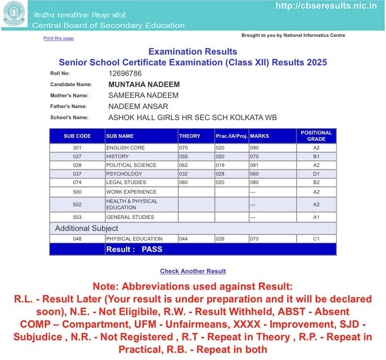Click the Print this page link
(x=58, y=39)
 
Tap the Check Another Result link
(x=192, y=271)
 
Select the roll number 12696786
(x=125, y=74)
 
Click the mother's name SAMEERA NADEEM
(x=143, y=95)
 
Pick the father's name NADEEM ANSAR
(x=138, y=106)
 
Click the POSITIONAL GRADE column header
(x=316, y=136)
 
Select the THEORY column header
(x=190, y=136)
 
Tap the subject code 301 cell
(x=77, y=148)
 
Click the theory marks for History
(x=183, y=157)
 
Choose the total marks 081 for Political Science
(x=255, y=165)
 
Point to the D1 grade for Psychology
(x=316, y=174)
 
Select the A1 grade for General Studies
(x=316, y=217)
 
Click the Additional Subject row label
(x=87, y=229)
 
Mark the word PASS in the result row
(x=152, y=249)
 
